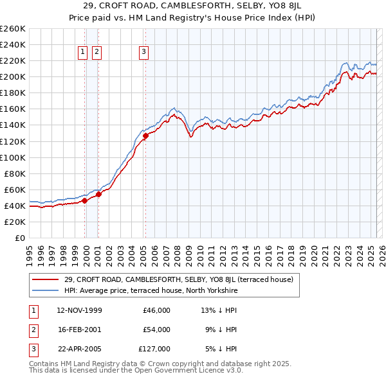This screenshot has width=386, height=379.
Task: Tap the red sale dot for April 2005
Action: click(x=145, y=136)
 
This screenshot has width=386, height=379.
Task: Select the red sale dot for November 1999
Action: click(x=84, y=200)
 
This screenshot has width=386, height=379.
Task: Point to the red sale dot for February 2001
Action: click(x=98, y=194)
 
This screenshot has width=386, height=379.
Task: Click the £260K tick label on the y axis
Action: click(x=12, y=29)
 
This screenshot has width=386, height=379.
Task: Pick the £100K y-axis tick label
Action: click(x=12, y=157)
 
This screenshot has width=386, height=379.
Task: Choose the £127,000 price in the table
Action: click(x=154, y=349)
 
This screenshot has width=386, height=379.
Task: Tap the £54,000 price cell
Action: click(x=156, y=330)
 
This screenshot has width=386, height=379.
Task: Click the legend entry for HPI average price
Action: click(x=151, y=290)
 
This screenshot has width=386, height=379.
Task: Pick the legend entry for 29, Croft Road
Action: click(x=178, y=279)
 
